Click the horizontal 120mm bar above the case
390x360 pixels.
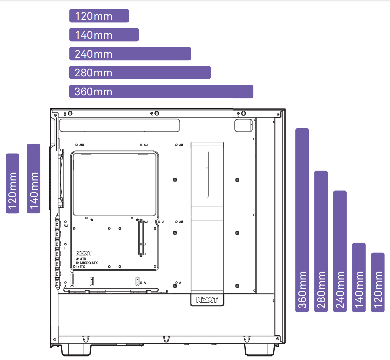pos(99,16)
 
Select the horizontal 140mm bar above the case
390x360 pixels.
pos(104,35)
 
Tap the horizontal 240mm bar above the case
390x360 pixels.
pos(130,54)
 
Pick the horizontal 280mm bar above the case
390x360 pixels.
pos(140,73)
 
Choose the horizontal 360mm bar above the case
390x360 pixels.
pos(161,92)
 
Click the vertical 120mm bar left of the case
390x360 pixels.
pos(13,183)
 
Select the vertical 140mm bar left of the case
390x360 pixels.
pos(34,179)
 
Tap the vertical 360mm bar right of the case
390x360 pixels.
pos(302,220)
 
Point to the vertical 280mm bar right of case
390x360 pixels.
pos(321,241)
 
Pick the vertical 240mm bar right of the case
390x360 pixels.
pos(340,251)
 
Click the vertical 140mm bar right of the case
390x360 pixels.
pos(359,277)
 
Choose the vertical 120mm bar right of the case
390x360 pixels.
pos(378,282)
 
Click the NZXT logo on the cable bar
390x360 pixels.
pos(207,300)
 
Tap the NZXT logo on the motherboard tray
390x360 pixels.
pos(84,253)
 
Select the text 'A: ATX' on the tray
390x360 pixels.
pos(81,259)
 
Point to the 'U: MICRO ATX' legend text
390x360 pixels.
pos(87,263)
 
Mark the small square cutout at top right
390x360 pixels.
pos(243,125)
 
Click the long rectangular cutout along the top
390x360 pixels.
pos(119,125)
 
